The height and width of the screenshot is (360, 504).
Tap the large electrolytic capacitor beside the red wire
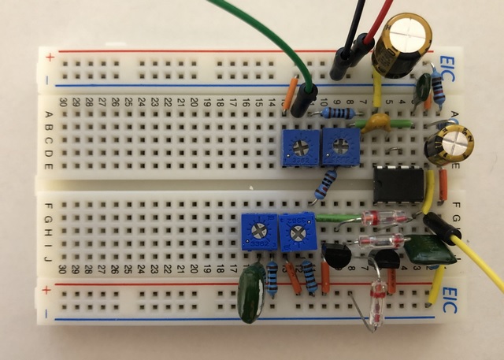(404, 43)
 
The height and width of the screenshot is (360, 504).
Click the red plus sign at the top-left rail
(51, 57)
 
